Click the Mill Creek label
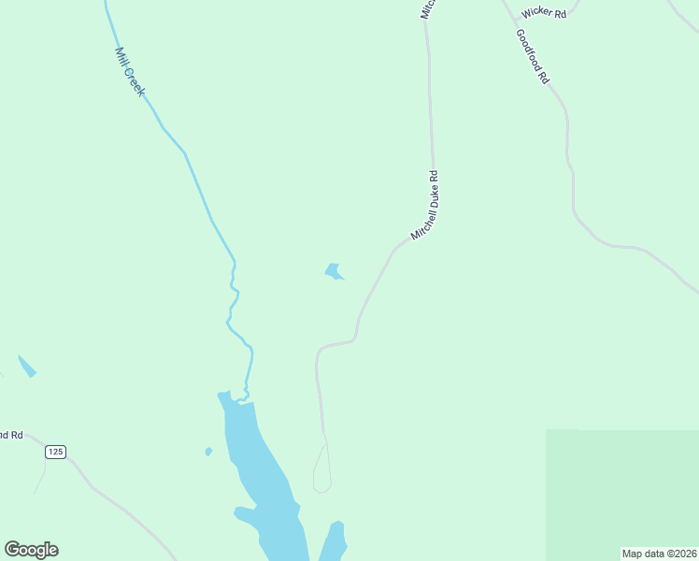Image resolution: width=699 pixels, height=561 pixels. (x=129, y=71)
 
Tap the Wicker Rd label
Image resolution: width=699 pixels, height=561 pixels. (x=545, y=13)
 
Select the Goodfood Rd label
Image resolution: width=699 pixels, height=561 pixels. (x=532, y=57)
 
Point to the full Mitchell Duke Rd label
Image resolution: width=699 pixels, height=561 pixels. (x=425, y=205)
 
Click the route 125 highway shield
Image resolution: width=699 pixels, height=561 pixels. (x=55, y=452)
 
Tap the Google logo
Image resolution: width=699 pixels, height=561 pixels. (x=31, y=550)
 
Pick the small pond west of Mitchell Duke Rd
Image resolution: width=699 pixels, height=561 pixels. (x=333, y=271)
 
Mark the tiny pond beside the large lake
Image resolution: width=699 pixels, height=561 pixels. (x=208, y=452)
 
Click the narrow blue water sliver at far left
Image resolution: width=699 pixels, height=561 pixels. (x=27, y=366)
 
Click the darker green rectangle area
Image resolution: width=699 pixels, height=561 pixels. (x=621, y=491)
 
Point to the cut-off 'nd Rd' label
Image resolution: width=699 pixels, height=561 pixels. (x=10, y=435)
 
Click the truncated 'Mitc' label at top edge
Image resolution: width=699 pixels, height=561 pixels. (x=427, y=8)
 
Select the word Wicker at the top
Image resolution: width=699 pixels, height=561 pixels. (x=536, y=13)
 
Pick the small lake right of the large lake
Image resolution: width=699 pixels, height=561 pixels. (x=335, y=540)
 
